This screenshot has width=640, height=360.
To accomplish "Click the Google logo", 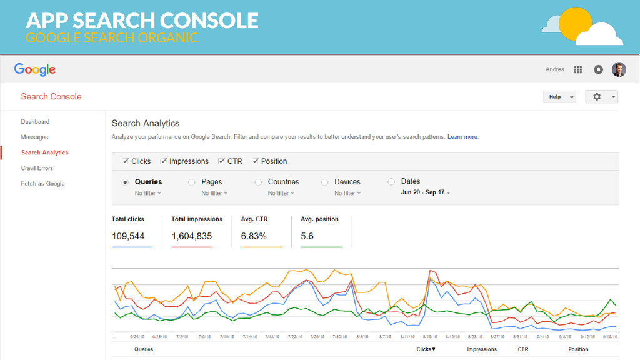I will tap(35, 70).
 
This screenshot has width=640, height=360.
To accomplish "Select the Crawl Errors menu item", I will tap(37, 168).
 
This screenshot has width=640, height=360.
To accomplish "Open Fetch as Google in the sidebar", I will tap(42, 184).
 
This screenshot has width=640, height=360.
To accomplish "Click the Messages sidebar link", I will tap(34, 137).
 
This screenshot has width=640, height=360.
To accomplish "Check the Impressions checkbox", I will tap(164, 161).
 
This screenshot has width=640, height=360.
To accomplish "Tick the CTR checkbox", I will tap(222, 161).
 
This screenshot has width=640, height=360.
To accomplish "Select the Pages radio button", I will tap(192, 182).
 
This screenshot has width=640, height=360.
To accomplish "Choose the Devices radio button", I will tap(325, 182).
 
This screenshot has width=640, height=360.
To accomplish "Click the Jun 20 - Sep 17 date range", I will tap(425, 192).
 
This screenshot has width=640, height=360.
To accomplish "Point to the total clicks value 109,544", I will tap(128, 236).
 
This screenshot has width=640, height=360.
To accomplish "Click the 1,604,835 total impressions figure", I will tap(192, 236).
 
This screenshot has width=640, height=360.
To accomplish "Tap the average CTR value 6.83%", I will tap(254, 236).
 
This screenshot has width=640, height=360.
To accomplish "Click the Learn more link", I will tap(462, 137).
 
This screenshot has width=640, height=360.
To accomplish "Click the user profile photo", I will tap(618, 69).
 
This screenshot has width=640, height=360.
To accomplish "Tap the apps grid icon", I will tap(578, 69).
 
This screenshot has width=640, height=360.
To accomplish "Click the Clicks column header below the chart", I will tap(426, 349).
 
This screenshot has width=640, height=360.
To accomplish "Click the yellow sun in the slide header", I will tap(574, 24).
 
